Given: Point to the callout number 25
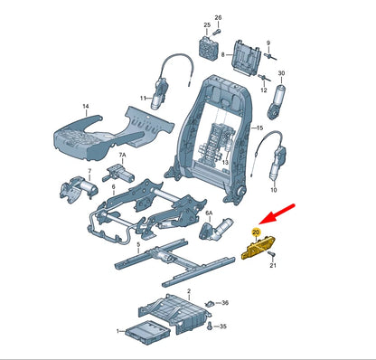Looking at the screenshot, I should pos(206,24).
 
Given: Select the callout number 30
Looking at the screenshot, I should pos(281,73).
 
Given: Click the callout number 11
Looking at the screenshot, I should pos(143,97).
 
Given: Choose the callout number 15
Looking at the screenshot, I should pos(258,130).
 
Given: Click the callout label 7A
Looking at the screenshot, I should pos(125,156).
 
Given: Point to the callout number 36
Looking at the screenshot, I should pos(225,303).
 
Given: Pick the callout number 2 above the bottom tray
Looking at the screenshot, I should pos(188,293).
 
